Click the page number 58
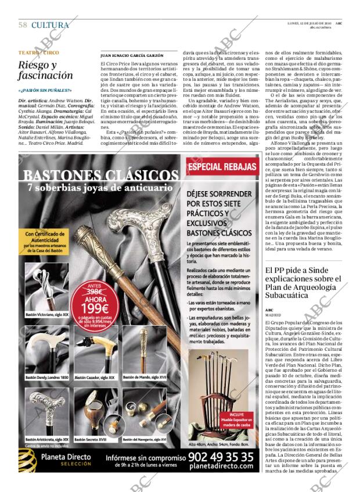23,25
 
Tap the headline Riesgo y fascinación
45,70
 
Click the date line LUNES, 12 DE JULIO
305,23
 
